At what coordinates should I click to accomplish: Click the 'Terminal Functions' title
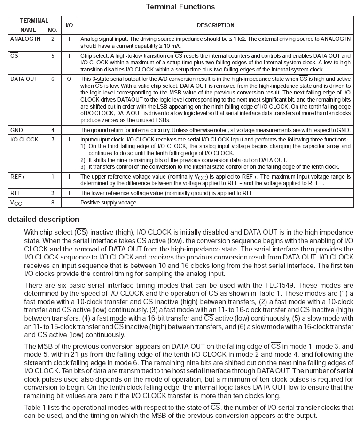(180, 7)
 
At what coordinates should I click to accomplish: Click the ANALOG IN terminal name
(25, 39)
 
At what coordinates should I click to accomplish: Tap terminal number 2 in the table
(53, 39)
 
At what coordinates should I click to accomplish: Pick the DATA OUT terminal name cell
(24, 79)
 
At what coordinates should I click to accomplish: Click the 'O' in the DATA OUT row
(69, 79)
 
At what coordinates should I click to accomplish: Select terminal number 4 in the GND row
(53, 130)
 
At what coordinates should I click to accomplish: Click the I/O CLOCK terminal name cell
(24, 140)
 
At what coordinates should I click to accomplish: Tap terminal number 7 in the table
(53, 140)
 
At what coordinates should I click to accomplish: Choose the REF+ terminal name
(18, 177)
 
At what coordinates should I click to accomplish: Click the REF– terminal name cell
(18, 193)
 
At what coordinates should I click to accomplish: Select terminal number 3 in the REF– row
(53, 193)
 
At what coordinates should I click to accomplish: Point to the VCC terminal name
(16, 203)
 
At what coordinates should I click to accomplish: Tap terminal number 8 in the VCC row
(53, 203)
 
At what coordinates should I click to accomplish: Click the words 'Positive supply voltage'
(108, 203)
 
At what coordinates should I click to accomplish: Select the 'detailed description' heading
(44, 220)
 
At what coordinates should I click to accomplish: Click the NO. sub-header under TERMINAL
(53, 30)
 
